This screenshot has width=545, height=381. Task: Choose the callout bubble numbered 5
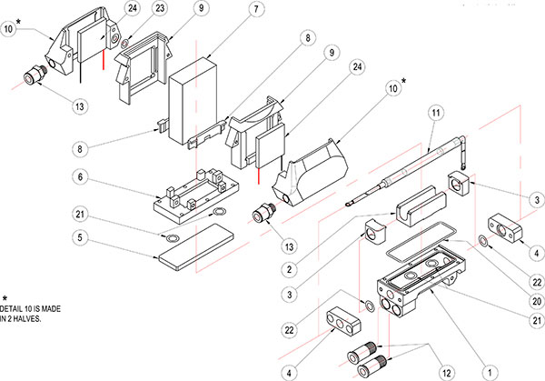[x=79, y=238]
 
